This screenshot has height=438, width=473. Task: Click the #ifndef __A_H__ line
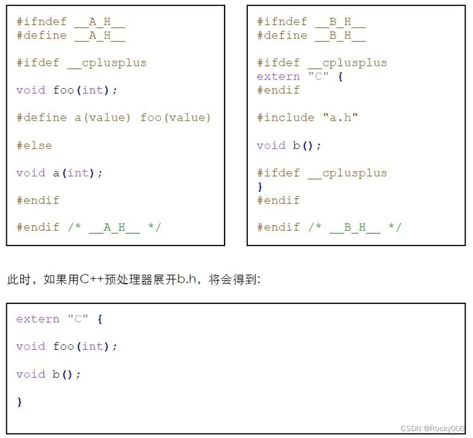[70, 22]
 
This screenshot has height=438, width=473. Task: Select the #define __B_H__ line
[311, 36]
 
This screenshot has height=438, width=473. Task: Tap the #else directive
[34, 145]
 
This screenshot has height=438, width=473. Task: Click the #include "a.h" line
[308, 118]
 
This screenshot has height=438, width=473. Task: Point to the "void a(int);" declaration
[60, 173]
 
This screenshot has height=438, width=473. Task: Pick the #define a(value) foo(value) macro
[114, 118]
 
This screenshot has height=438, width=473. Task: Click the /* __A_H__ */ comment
[114, 227]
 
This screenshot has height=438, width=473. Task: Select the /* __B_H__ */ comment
[355, 227]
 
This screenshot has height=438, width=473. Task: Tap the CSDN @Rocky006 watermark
[432, 428]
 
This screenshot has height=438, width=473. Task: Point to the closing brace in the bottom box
[19, 402]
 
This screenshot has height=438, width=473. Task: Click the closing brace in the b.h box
[260, 186]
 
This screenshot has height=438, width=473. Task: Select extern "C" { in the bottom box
[59, 319]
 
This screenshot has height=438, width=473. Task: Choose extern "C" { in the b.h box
[300, 77]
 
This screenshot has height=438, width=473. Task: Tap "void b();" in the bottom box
[49, 374]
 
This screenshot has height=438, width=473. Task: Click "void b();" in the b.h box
[289, 145]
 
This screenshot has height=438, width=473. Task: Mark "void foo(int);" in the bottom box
[67, 347]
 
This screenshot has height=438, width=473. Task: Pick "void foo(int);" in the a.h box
[67, 90]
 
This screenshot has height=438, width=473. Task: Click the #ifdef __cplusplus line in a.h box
[81, 63]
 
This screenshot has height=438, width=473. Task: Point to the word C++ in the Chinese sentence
[92, 279]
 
